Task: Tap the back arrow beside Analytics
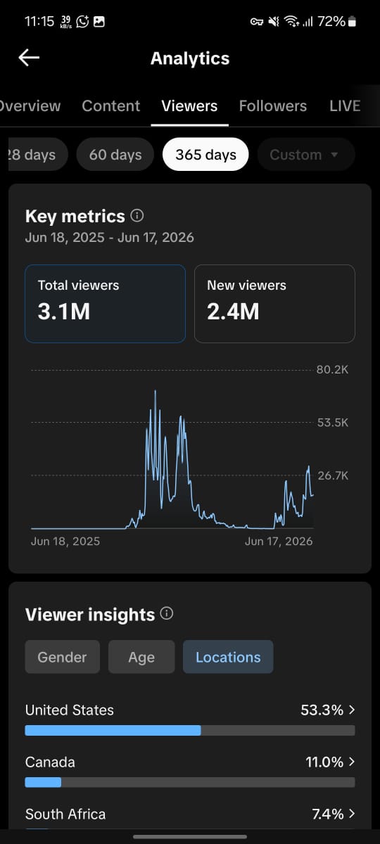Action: tap(29, 58)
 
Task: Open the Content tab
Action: tap(111, 106)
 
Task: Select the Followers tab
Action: tap(273, 106)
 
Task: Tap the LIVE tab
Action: tap(345, 106)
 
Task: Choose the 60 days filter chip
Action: tap(115, 155)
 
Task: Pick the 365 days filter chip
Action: tap(205, 155)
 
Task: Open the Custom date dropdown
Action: tap(305, 155)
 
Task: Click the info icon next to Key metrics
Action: tap(137, 215)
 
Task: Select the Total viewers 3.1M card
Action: tap(105, 304)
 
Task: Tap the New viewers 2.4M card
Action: tap(274, 304)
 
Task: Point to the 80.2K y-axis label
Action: tap(332, 370)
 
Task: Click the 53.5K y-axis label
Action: tap(332, 423)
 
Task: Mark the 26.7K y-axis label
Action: tap(333, 475)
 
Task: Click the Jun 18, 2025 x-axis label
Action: tap(65, 541)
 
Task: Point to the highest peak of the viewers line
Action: tap(155, 391)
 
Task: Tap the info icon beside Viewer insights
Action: tap(167, 613)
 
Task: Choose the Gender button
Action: tap(62, 657)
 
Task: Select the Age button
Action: tap(141, 657)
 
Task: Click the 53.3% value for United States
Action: tap(322, 710)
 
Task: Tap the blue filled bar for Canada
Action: tap(43, 783)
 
